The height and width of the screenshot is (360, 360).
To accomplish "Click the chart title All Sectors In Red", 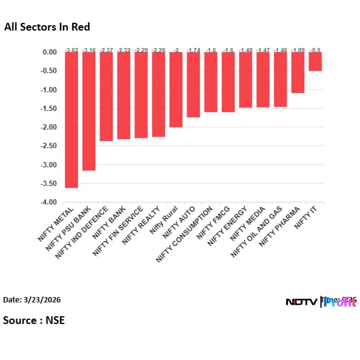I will pyautogui.click(x=47, y=27).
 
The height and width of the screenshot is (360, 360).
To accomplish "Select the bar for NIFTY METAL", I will pyautogui.click(x=71, y=120).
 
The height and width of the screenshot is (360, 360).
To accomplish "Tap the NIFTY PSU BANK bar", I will pyautogui.click(x=89, y=111).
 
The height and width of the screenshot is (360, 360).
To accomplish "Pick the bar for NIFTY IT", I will pyautogui.click(x=315, y=61).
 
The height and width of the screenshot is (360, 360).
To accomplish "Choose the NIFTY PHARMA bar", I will pyautogui.click(x=298, y=73).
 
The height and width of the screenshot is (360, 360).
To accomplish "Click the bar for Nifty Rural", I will pyautogui.click(x=176, y=89).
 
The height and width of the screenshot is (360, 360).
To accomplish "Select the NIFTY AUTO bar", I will pyautogui.click(x=193, y=85).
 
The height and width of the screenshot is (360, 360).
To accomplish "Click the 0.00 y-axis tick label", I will pyautogui.click(x=49, y=52).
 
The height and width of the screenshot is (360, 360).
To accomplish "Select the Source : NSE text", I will pyautogui.click(x=34, y=320).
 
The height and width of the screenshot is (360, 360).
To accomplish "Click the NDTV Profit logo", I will pyautogui.click(x=320, y=301).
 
